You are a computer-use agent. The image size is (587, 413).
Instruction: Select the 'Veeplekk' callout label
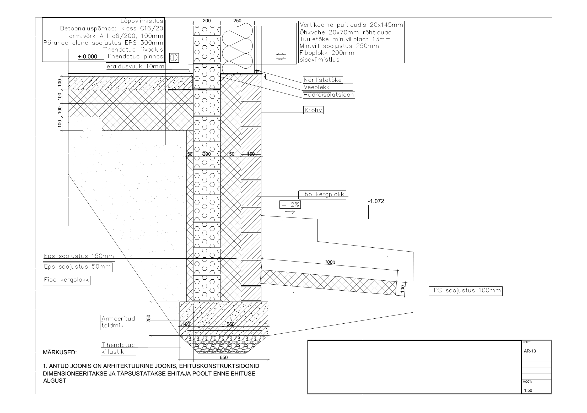tap(317, 87)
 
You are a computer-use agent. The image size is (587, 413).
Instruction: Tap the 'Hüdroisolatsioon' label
tap(329, 95)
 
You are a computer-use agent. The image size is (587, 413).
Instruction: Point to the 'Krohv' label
tap(313, 110)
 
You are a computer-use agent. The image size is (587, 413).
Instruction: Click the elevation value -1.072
tap(376, 201)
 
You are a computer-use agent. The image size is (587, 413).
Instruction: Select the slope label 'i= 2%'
tap(290, 205)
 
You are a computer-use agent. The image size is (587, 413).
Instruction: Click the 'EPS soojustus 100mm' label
tap(466, 290)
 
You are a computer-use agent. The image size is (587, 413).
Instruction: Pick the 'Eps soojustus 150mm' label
tap(79, 256)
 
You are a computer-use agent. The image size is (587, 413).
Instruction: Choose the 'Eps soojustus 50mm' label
tap(78, 267)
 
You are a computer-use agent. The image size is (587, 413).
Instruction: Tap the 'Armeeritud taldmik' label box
tap(118, 322)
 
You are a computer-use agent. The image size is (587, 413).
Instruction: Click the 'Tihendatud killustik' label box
tap(119, 348)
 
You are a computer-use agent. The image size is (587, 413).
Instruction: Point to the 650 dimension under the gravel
tap(224, 357)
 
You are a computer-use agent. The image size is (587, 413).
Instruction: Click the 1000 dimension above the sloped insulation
tap(330, 262)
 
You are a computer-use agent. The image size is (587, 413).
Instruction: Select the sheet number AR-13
tap(530, 351)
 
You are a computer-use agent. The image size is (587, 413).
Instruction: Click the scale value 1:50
tap(528, 398)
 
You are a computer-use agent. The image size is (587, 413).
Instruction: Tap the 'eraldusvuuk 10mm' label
tap(136, 66)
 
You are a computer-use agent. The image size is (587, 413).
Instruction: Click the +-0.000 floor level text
tap(88, 57)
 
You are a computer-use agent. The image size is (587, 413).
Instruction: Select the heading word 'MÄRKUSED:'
tap(60, 352)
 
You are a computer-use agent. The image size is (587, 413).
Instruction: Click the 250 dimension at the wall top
tap(237, 21)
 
